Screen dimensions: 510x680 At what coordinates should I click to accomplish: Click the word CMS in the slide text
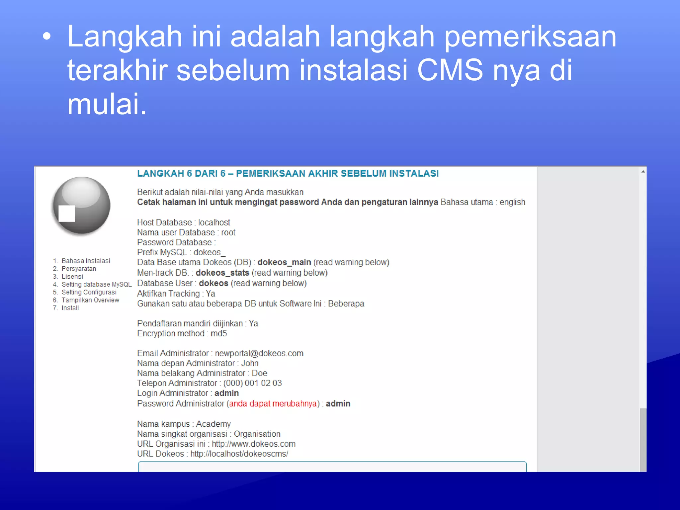coord(450,70)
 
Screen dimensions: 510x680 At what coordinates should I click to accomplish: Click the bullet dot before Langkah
coord(47,37)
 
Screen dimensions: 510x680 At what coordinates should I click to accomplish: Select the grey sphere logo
coord(82,205)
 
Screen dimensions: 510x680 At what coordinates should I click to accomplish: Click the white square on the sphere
coord(67,213)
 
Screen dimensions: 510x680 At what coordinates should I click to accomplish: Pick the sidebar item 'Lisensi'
coord(72,277)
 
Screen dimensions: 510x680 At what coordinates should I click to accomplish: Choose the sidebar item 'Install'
coord(70,308)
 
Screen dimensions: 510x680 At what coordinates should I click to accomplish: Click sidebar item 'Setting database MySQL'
coord(96,284)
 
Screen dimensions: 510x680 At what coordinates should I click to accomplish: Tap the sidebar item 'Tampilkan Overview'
coord(90,300)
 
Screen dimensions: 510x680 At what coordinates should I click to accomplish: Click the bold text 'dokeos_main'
coord(284,262)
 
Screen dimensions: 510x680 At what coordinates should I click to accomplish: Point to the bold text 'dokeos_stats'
coord(222,273)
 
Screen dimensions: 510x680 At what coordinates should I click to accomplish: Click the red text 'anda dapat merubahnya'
coord(273,403)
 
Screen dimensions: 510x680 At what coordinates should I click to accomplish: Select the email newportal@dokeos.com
coord(259,353)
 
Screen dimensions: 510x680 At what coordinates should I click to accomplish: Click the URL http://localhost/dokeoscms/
coord(239,454)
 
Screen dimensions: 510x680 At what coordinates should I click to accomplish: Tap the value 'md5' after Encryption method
coord(218,333)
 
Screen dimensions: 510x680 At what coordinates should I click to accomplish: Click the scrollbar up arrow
coord(643,172)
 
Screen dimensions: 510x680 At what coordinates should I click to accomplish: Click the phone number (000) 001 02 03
coord(252,383)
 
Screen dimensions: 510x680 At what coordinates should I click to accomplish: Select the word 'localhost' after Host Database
coord(214,222)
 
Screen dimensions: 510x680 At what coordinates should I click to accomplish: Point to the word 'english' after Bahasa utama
coord(512,202)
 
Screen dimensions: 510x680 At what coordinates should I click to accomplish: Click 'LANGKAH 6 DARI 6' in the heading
coord(181,173)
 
